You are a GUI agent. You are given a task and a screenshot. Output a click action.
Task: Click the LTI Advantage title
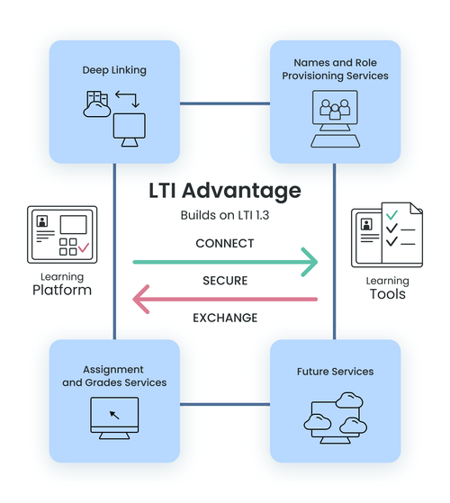(x=225, y=191)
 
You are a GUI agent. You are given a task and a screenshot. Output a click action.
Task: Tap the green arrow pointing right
(x=225, y=262)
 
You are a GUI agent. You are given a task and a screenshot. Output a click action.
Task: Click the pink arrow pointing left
(x=225, y=299)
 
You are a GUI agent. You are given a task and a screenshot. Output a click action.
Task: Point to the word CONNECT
(x=225, y=243)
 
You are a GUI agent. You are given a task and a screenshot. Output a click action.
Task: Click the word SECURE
(x=225, y=280)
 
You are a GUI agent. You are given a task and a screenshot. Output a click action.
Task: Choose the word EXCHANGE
(x=225, y=318)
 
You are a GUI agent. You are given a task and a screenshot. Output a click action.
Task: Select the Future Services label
(x=335, y=371)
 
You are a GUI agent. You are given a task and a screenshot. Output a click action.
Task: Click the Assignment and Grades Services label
(x=113, y=376)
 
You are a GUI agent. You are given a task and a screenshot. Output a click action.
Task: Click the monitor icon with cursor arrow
(x=113, y=418)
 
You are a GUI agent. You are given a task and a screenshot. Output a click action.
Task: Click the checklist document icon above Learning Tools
(x=387, y=236)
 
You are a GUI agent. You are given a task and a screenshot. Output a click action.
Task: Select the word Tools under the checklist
(x=387, y=294)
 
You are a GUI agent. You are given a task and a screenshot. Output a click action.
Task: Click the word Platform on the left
(x=61, y=290)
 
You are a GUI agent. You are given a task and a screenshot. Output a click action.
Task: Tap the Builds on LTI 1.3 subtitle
(x=225, y=216)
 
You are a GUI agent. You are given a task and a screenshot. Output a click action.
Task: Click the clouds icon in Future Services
(x=335, y=417)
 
